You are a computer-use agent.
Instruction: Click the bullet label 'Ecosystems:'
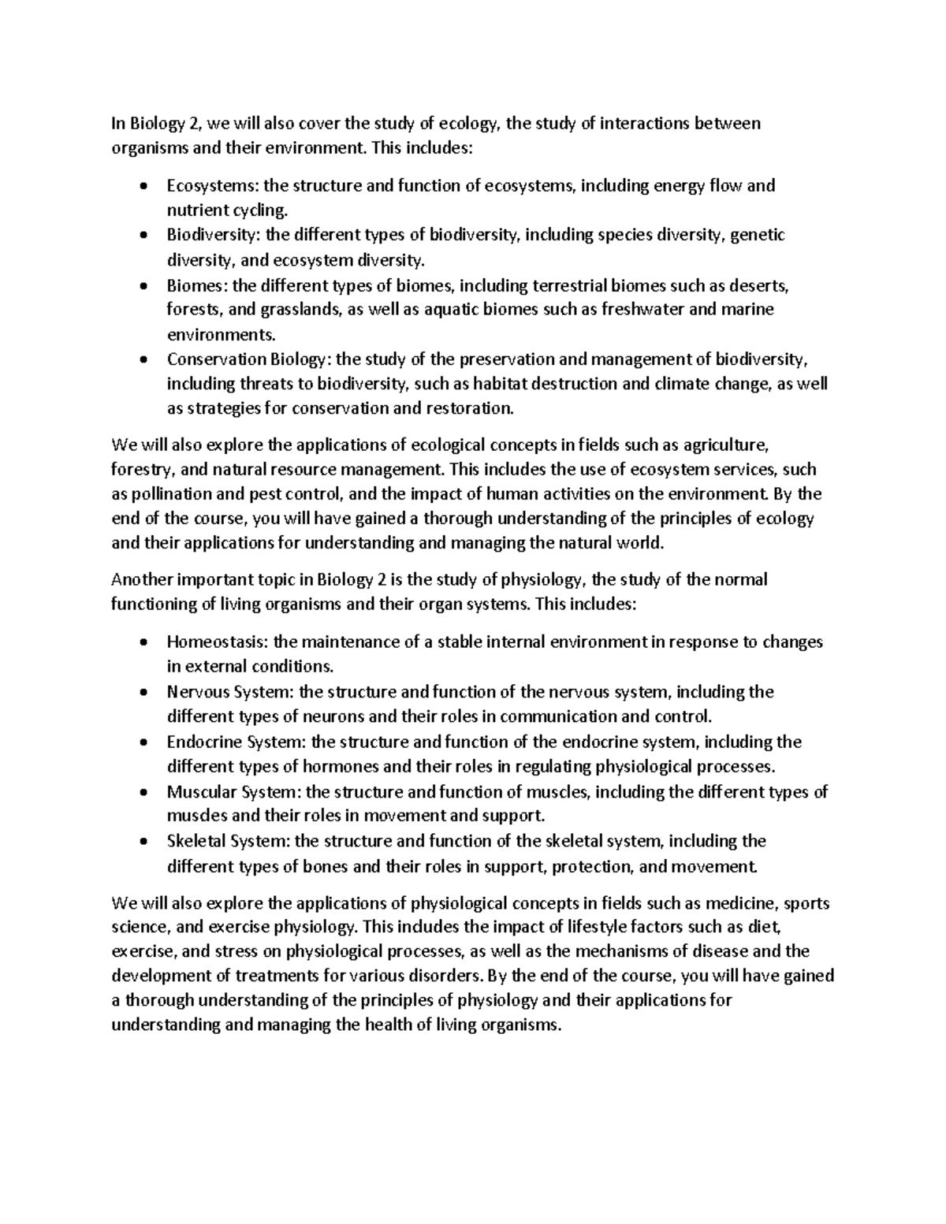click(213, 186)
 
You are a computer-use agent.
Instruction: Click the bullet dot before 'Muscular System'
click(142, 792)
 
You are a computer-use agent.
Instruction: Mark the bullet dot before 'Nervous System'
click(142, 693)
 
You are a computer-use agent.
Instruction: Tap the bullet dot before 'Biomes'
click(142, 285)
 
